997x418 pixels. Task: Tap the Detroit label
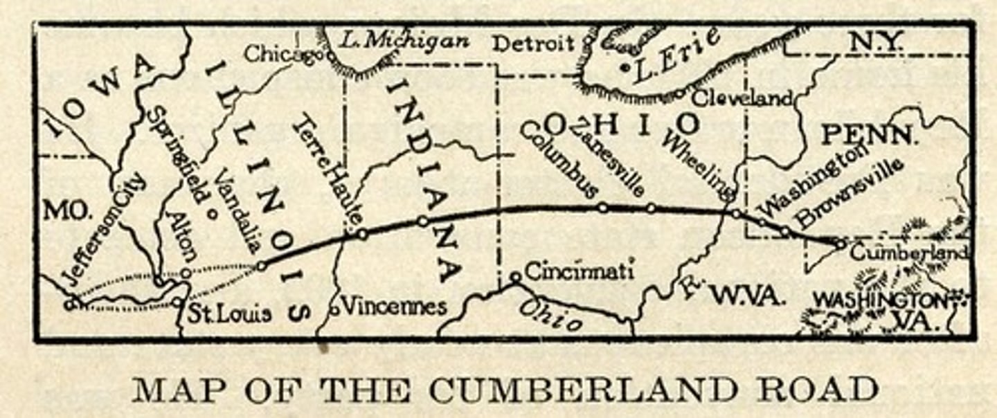click(532, 44)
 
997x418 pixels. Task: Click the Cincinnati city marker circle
click(515, 277)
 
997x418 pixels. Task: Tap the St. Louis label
click(230, 313)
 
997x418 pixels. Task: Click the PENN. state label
click(868, 134)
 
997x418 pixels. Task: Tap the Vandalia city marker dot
click(213, 213)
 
